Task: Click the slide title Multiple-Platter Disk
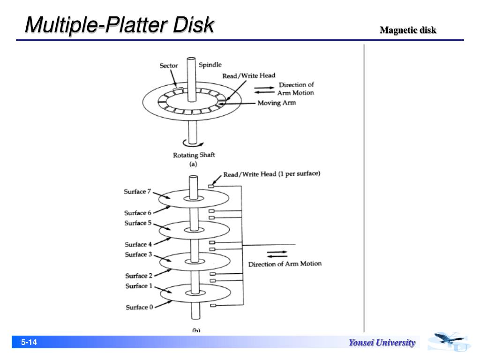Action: click(x=120, y=25)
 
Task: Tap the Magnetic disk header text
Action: click(x=408, y=30)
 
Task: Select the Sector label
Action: click(x=169, y=66)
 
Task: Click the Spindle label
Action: click(x=210, y=65)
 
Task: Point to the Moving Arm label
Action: click(x=277, y=103)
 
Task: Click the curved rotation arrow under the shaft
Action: click(x=193, y=143)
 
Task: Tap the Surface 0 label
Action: click(x=139, y=307)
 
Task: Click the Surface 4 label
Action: click(x=138, y=244)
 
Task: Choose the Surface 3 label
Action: click(x=138, y=255)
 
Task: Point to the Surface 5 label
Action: click(x=138, y=223)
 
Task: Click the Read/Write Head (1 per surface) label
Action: click(x=271, y=174)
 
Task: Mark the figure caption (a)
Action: click(x=193, y=164)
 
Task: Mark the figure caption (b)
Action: click(x=196, y=330)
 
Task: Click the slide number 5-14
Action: click(x=29, y=343)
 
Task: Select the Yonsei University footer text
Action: click(x=382, y=343)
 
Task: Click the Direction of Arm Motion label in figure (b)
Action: click(x=285, y=263)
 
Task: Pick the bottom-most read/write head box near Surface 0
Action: click(x=212, y=306)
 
